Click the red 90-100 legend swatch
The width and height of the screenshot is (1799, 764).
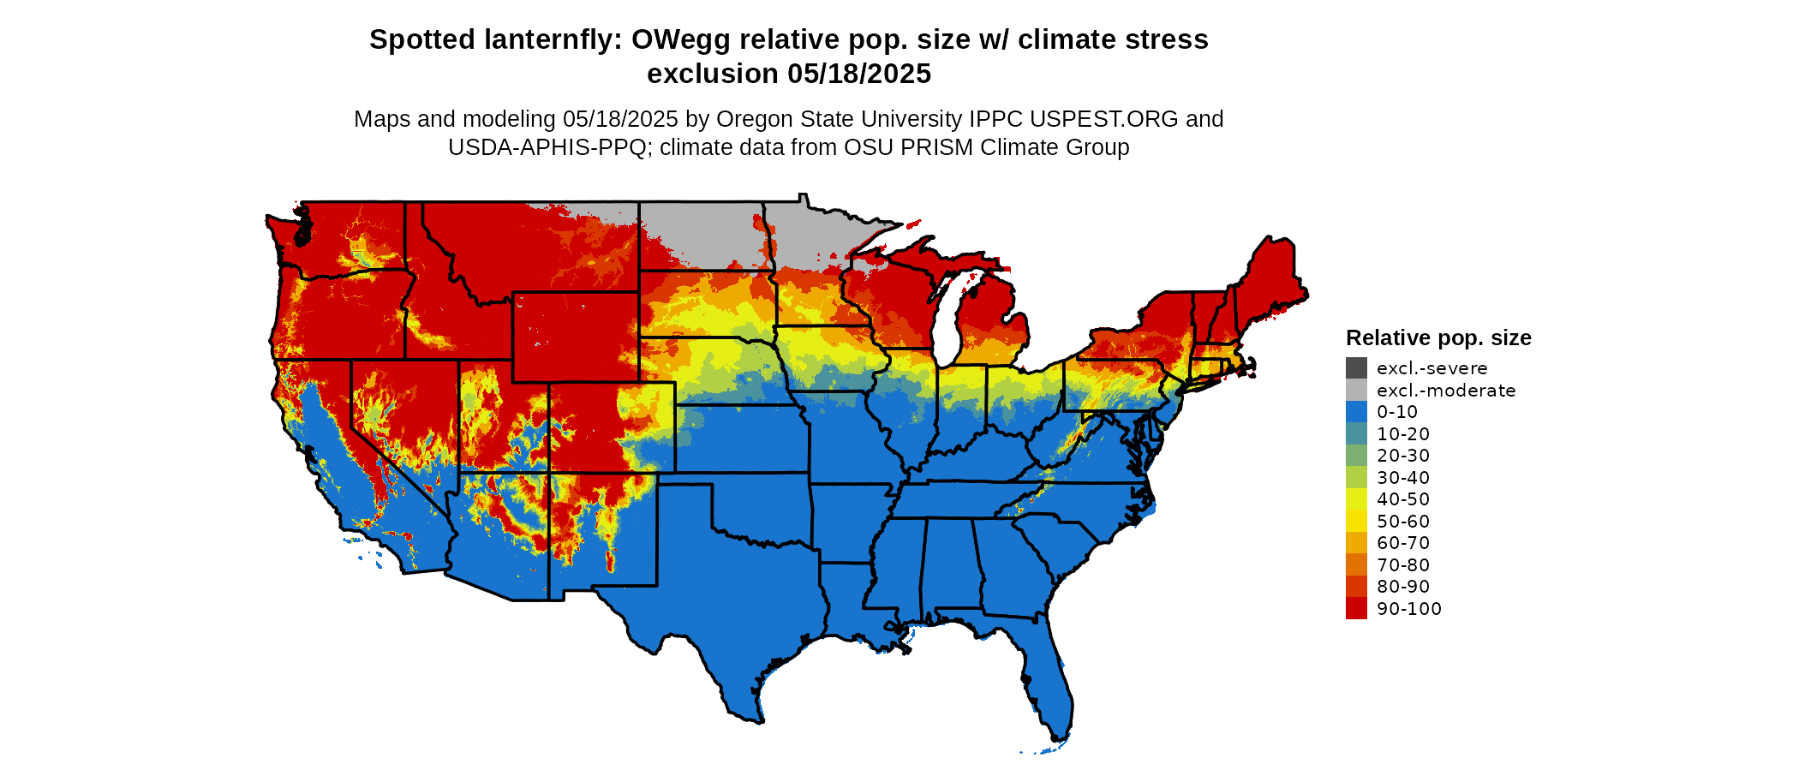pos(1356,608)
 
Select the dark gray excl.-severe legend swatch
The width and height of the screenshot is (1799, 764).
pos(1356,368)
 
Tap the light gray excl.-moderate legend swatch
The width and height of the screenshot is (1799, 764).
pos(1356,390)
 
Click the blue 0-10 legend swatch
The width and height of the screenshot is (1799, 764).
pos(1356,412)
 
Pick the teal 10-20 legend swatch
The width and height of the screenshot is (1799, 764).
pos(1356,433)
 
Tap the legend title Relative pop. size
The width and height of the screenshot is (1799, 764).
pos(1438,337)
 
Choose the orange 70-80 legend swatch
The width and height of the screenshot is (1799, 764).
pos(1356,564)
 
